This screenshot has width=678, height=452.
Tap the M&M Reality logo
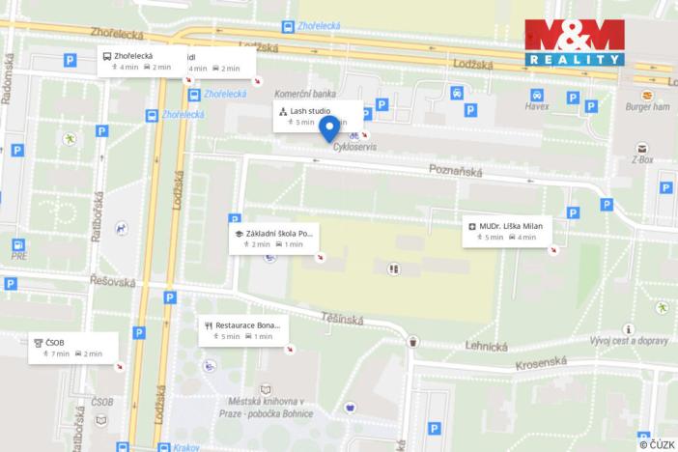[573, 42]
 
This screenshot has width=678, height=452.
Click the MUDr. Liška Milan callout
[506, 231]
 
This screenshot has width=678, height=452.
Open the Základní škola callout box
[273, 239]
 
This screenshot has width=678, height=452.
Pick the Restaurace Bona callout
[242, 330]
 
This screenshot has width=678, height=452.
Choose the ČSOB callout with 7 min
[72, 348]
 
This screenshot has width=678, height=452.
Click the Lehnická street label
[486, 345]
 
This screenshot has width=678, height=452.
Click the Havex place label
[537, 107]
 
